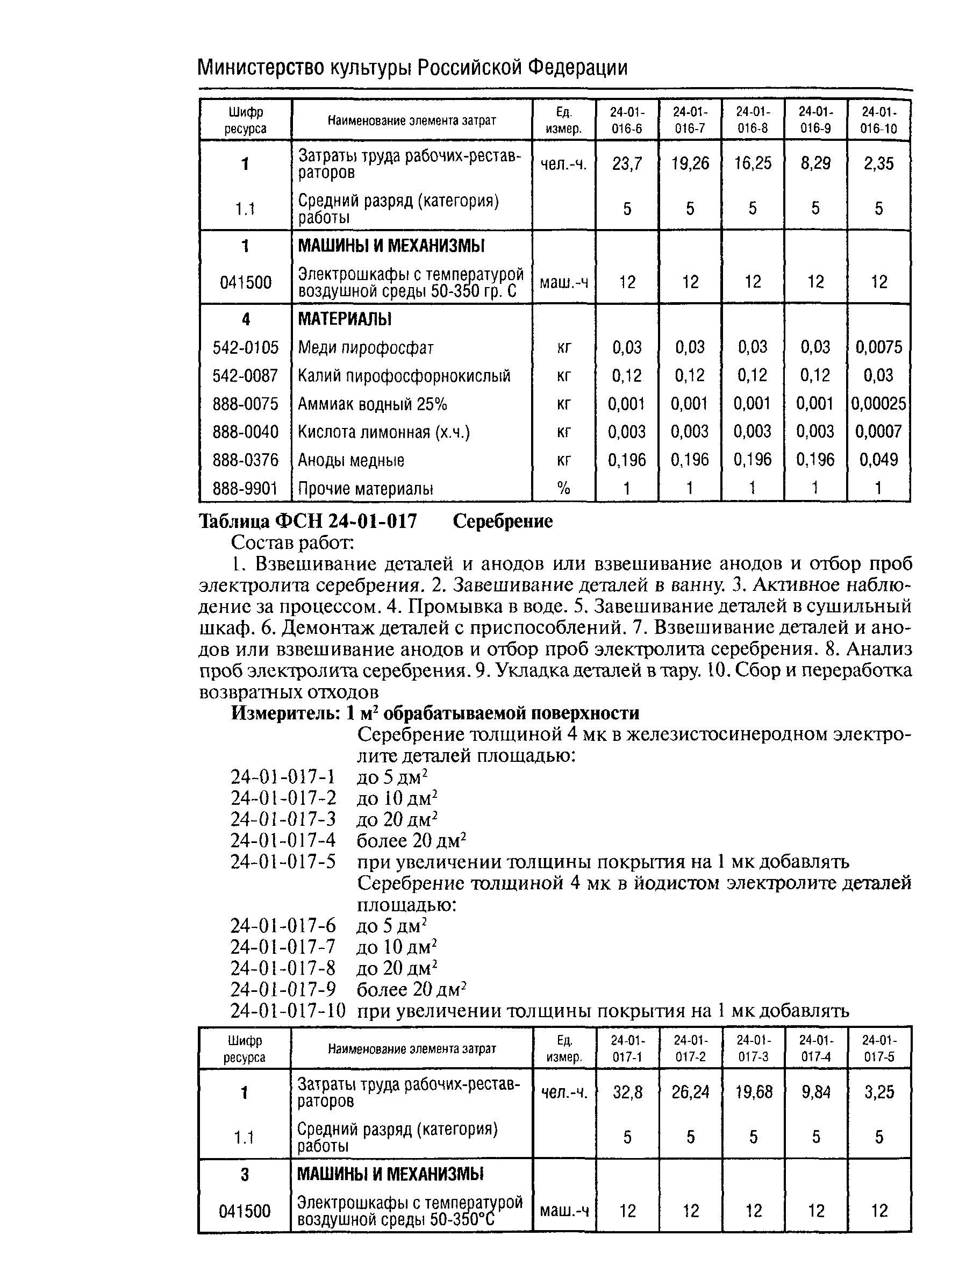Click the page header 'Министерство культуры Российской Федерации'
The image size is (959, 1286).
pos(412,68)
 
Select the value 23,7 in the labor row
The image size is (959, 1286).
pos(627,164)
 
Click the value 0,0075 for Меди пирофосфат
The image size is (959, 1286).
pos(878,347)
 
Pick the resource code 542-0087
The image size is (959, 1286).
pos(246,376)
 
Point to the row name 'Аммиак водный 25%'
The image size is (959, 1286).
pos(372,404)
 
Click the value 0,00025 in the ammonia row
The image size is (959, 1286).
pos(878,404)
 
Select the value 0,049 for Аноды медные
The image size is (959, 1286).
pos(878,460)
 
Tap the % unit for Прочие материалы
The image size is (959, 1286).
pos(564,489)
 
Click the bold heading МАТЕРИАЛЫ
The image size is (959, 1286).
pos(344,319)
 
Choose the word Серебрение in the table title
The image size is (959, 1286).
pos(502,521)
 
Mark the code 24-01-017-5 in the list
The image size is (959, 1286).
pos(283,862)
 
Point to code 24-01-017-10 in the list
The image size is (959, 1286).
pos(288,1011)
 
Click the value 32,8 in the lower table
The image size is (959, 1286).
pos(627,1092)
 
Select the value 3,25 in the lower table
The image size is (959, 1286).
pos(879,1092)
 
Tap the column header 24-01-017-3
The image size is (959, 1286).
pos(753,1048)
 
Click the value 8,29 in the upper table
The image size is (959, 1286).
pos(815,164)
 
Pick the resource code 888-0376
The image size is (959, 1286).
pos(246,460)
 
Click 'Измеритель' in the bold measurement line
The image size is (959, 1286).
pos(285,713)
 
